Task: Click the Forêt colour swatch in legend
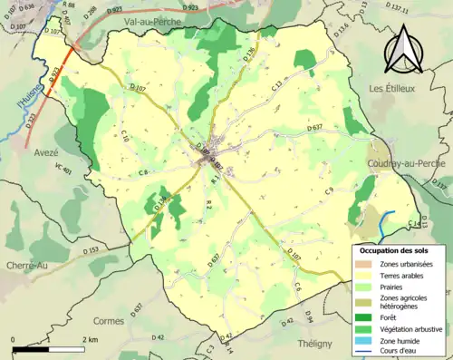[366, 316]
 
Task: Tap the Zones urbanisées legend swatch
[366, 264]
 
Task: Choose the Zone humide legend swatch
[366, 342]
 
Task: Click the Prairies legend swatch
[366, 287]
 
